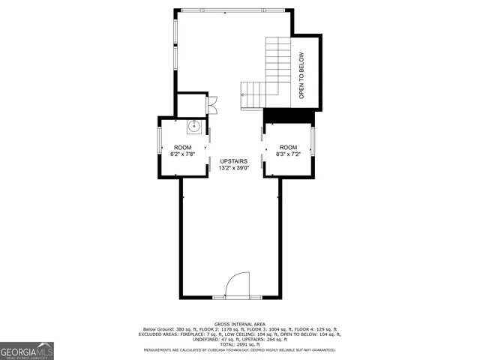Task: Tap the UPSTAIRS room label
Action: [232, 161]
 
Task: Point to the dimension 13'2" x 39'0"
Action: [232, 169]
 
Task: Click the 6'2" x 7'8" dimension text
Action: [183, 154]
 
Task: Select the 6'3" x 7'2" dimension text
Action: [289, 154]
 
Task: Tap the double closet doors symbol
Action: [212, 105]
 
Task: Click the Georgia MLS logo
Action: [27, 350]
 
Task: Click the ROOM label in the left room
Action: [183, 147]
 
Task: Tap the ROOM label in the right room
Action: [289, 147]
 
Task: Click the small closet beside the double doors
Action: [191, 105]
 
